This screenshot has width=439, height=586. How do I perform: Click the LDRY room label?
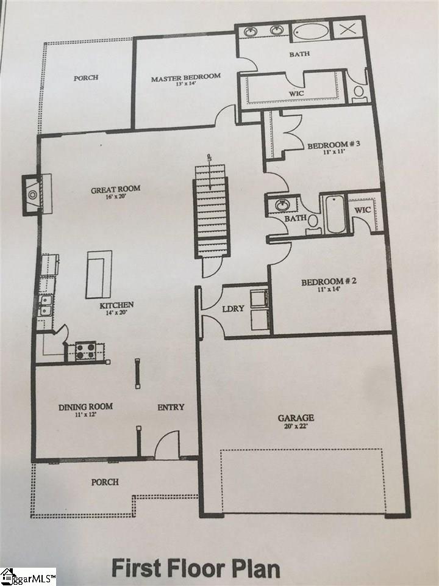tap(234, 308)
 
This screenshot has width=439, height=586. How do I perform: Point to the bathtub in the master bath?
tap(310, 31)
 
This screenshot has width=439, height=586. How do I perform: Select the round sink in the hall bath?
tap(282, 205)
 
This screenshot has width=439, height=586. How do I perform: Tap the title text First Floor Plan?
tap(195, 568)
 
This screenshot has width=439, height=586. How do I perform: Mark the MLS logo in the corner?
tap(27, 576)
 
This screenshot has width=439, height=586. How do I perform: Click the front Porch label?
tap(105, 482)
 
